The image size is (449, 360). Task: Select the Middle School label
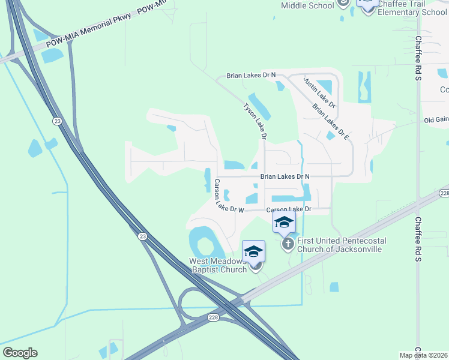tap(307, 6)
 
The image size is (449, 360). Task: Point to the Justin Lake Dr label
tap(319, 92)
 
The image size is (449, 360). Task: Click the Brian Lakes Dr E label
tap(331, 121)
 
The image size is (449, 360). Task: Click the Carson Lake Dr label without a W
tap(289, 209)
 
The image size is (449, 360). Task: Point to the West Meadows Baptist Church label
tap(218, 265)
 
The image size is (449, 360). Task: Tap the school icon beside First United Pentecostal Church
tap(284, 223)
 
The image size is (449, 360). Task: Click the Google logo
tap(20, 353)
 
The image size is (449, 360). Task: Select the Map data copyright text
tap(424, 355)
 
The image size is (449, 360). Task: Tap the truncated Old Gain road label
tap(436, 120)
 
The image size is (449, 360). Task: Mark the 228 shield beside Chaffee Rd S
tap(444, 193)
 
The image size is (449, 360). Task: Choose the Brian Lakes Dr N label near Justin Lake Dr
tap(251, 76)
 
